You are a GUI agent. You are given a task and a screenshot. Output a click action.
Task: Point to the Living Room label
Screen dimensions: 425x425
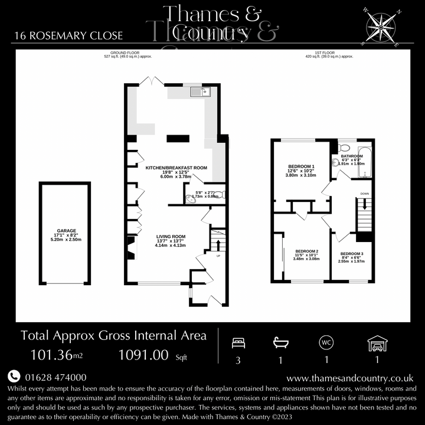click(x=171, y=241)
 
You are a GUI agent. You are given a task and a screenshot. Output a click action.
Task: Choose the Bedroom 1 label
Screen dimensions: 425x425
click(x=300, y=171)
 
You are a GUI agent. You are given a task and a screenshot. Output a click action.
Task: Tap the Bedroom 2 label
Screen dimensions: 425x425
click(x=307, y=256)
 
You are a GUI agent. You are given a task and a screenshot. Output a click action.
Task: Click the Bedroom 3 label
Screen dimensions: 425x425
click(x=352, y=257)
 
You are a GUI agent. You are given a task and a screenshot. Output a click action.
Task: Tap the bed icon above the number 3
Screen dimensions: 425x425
click(x=238, y=342)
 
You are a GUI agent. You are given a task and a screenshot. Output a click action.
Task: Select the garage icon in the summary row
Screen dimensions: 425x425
click(x=376, y=342)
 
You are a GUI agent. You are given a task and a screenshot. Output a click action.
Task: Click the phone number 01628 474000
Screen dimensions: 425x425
click(x=55, y=377)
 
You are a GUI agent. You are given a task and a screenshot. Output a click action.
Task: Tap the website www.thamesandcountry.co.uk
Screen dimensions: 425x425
click(x=349, y=378)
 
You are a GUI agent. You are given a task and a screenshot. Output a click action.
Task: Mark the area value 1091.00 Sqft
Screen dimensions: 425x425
click(x=147, y=355)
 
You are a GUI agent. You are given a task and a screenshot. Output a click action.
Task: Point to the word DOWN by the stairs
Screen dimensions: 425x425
click(x=365, y=194)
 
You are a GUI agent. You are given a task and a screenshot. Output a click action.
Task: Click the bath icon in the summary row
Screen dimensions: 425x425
click(x=280, y=342)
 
